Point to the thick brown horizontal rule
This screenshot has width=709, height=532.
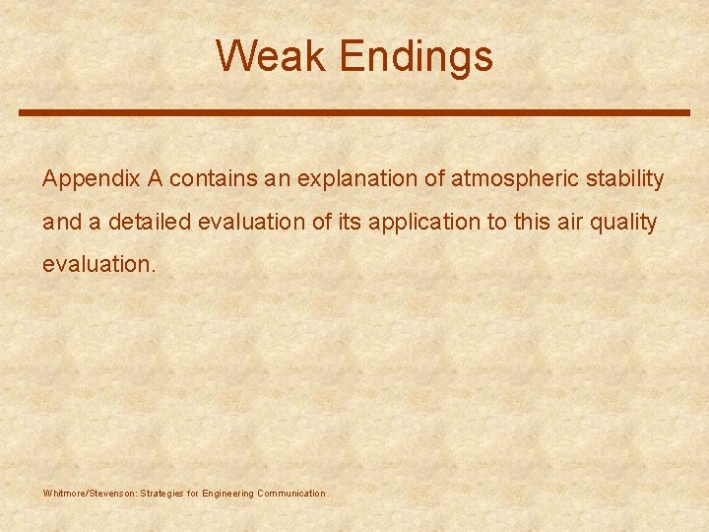354,113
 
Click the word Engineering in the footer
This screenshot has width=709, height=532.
227,494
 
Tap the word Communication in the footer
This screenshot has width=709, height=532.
290,494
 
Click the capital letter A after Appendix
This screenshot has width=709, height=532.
155,179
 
